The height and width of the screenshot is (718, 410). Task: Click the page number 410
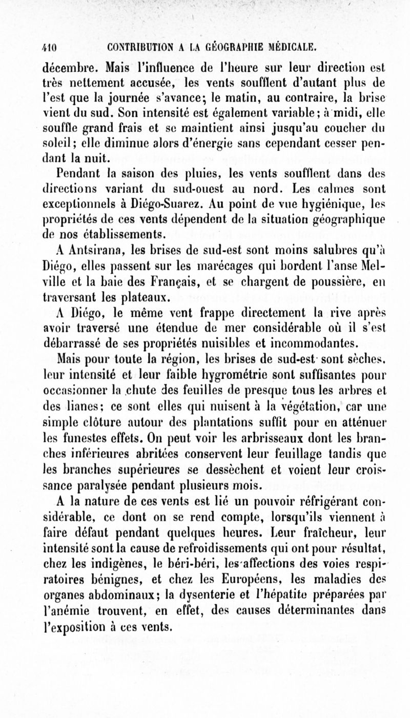(49, 48)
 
